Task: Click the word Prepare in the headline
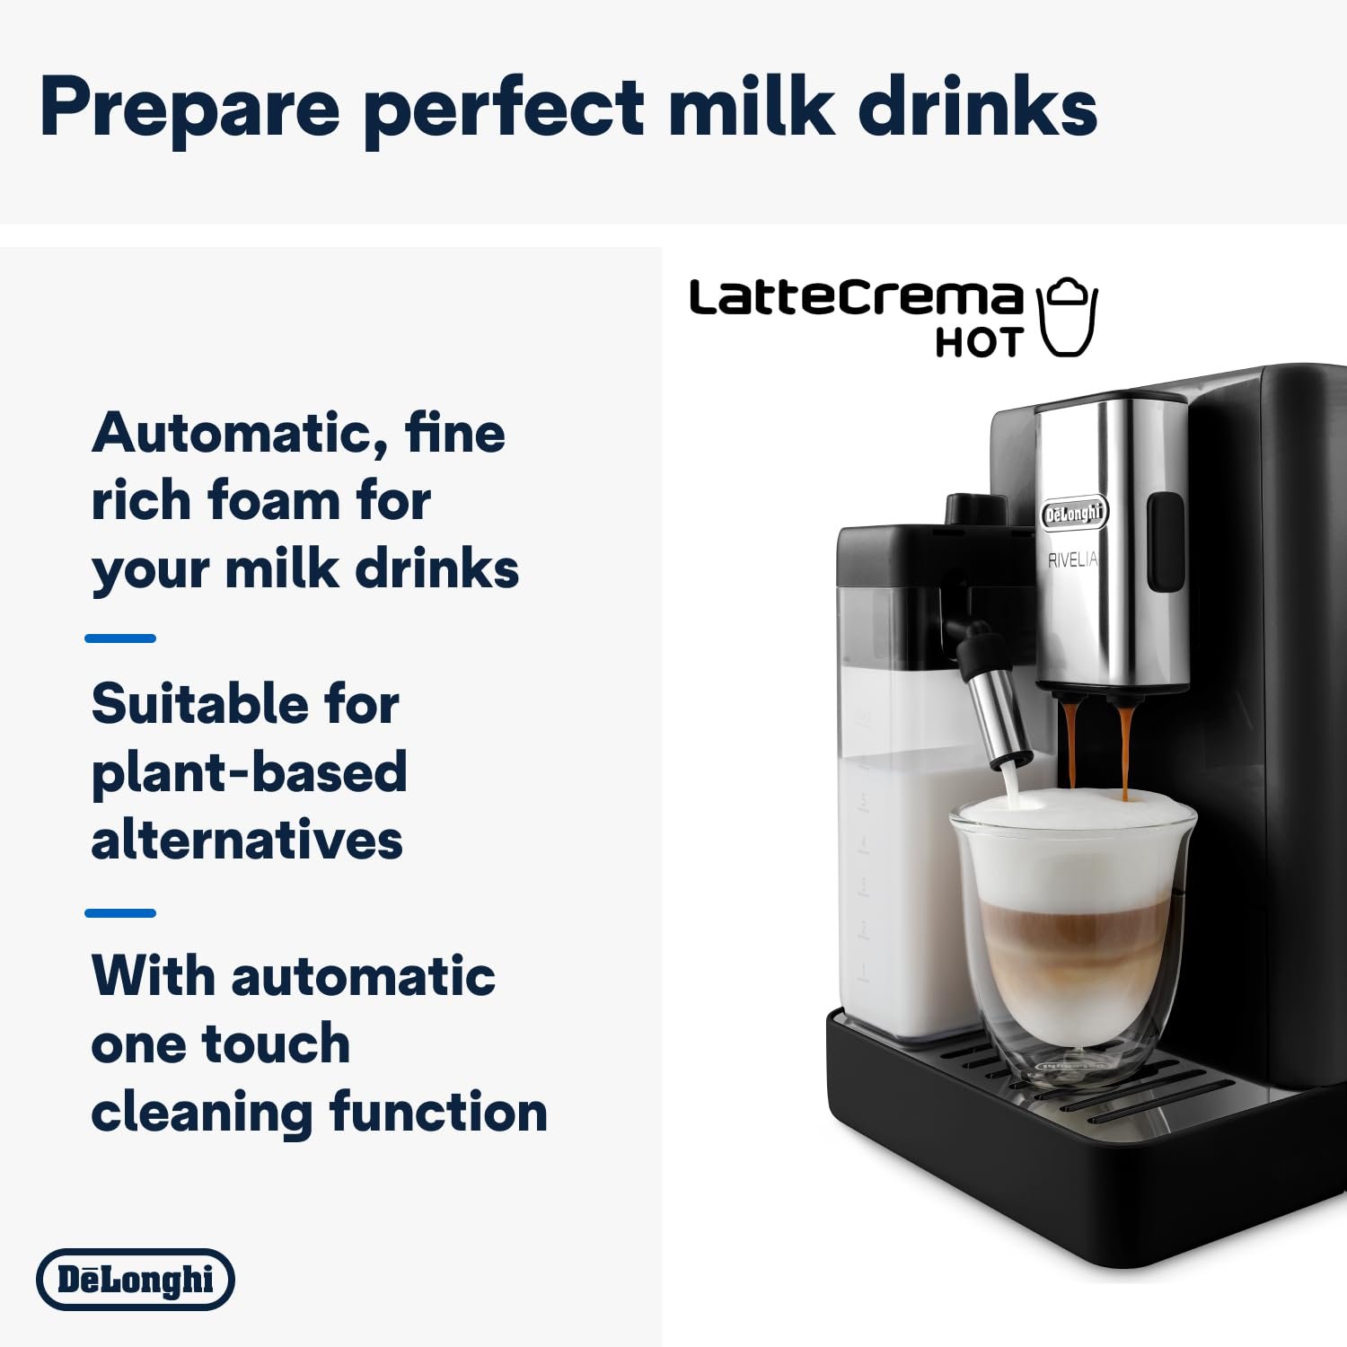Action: coord(189,108)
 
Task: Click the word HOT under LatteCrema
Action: coord(979,343)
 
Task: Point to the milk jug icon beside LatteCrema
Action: coord(1068,317)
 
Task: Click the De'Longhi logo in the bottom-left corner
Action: coord(136,1279)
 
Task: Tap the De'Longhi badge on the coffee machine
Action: coord(1074,514)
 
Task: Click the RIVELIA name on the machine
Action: coord(1072,560)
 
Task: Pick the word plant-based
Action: coord(249,772)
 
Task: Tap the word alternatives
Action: coord(247,841)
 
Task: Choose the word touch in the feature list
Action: coord(276,1043)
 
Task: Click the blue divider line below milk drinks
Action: coord(120,638)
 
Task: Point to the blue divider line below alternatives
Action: coord(120,913)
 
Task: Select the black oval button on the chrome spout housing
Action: coord(1166,541)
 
